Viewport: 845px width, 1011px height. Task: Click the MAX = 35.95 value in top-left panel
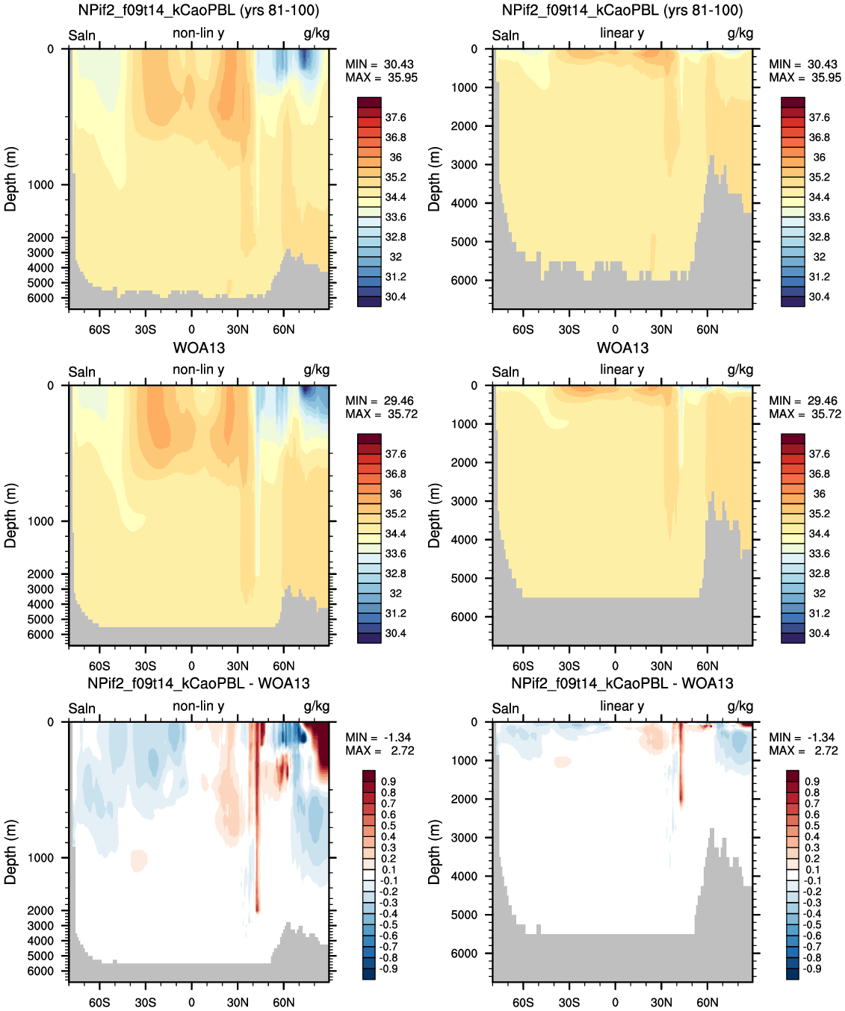point(381,78)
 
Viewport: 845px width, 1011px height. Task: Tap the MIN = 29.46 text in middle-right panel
point(805,400)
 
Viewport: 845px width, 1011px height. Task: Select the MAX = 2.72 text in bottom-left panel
point(380,750)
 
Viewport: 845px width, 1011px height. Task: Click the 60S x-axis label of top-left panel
point(99,329)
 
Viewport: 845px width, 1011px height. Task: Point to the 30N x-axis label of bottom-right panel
point(661,1002)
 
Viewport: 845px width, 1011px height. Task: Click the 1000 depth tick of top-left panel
point(41,184)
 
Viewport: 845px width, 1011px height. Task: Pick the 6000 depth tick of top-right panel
point(464,280)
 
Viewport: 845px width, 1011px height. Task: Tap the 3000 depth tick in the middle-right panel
point(464,501)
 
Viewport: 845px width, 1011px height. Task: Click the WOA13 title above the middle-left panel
point(199,348)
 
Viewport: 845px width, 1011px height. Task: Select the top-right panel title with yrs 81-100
point(622,10)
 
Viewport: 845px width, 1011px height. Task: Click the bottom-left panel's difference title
point(199,683)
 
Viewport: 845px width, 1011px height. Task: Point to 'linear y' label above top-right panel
point(622,33)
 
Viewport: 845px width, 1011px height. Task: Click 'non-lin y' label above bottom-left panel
point(199,706)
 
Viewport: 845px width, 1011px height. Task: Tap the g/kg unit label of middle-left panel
point(317,370)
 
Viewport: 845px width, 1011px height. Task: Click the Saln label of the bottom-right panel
point(505,709)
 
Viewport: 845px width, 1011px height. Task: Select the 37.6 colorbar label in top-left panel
point(396,117)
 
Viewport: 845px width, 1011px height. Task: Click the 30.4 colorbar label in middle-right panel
point(820,633)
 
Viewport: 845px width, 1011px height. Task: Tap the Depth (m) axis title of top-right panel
point(434,178)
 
